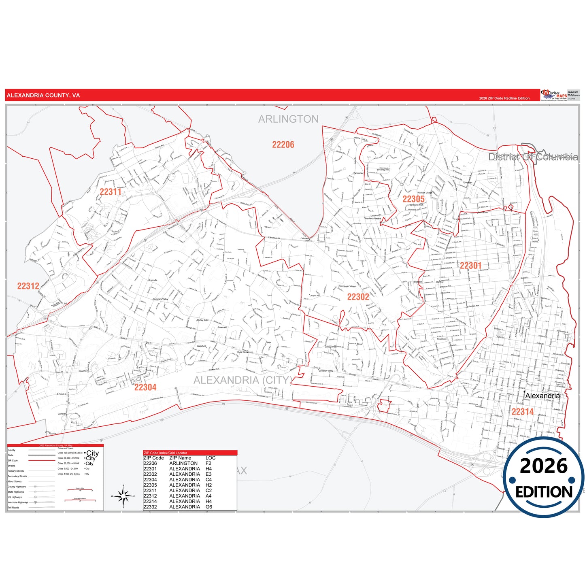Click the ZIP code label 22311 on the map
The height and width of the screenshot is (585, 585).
point(111,192)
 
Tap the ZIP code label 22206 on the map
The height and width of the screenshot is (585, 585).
point(283,145)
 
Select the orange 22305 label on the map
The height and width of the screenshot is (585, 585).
point(413,199)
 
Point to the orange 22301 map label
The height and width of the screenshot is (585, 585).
point(470,266)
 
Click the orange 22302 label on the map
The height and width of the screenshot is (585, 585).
point(358,297)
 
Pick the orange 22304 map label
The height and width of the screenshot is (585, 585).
point(145,387)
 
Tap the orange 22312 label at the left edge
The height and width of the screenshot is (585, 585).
point(28,286)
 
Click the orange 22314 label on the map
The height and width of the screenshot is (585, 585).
point(522,412)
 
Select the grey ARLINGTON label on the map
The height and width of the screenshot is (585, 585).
point(288,119)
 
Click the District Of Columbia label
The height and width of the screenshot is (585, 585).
point(533,157)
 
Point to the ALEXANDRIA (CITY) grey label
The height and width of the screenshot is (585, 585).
point(243,380)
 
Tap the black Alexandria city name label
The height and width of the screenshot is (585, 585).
point(542,396)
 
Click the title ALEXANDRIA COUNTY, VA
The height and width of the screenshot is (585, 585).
point(43,96)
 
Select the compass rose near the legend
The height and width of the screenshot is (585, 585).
point(124,496)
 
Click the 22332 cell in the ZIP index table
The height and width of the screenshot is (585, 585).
point(150,507)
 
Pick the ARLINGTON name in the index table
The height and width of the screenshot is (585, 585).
point(183,463)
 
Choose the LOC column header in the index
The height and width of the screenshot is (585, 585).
point(211,458)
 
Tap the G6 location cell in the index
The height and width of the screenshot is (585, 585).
point(208,507)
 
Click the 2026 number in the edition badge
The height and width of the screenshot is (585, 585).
point(544,466)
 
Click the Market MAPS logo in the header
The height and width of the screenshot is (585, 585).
point(554,95)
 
